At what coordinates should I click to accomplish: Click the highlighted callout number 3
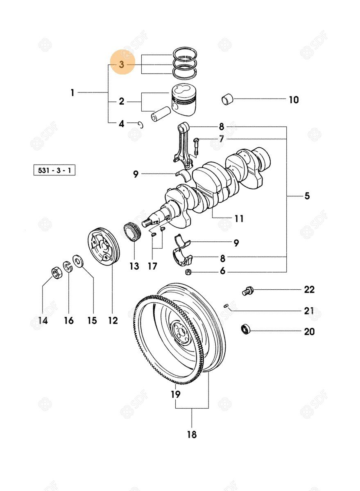122,65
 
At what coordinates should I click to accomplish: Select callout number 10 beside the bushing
294,99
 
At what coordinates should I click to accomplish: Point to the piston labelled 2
183,101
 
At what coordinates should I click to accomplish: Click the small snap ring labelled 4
141,124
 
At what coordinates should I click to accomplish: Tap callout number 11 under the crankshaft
239,218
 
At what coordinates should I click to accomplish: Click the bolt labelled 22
247,291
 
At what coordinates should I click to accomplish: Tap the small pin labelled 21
226,305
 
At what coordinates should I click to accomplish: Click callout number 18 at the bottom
192,434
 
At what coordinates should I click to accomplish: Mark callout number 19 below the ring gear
175,394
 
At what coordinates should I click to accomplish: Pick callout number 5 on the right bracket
307,196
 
